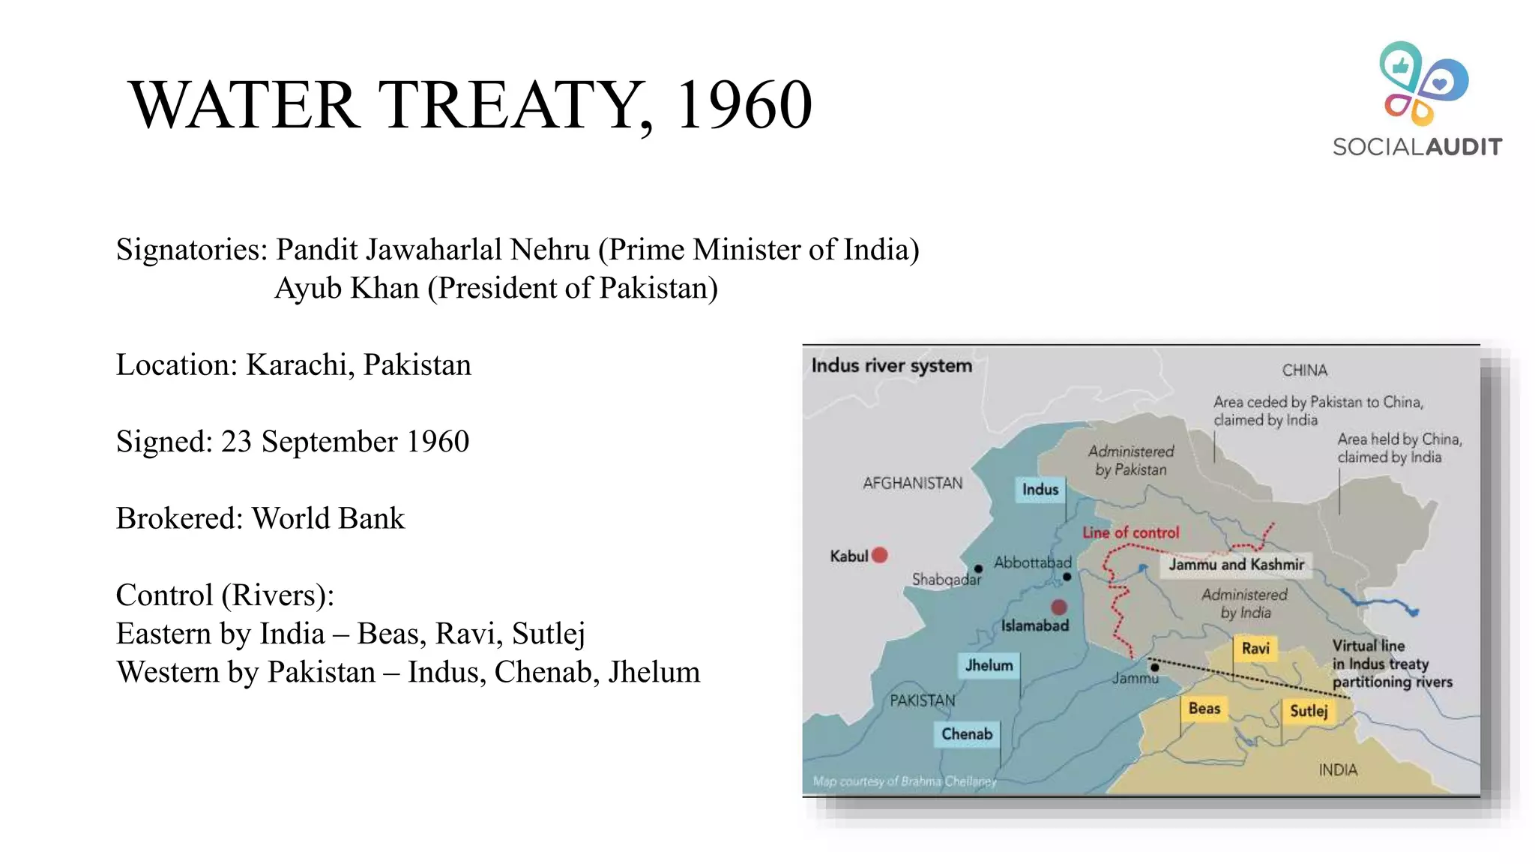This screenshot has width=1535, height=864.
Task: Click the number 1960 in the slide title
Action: pos(744,105)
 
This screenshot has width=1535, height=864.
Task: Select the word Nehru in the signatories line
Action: pos(549,250)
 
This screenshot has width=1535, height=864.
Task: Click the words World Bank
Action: pos(328,518)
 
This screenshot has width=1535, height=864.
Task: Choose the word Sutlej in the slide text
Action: pos(548,634)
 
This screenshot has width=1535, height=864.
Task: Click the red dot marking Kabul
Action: pos(880,555)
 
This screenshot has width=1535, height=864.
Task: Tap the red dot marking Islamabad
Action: pos(1059,607)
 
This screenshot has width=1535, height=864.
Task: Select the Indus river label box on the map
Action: pos(1040,490)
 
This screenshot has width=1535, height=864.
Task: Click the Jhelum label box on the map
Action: pos(989,665)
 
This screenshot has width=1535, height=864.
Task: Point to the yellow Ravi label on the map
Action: pos(1255,648)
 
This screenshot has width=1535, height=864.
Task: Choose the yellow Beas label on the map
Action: pos(1204,709)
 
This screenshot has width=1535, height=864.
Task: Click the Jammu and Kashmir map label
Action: pos(1236,565)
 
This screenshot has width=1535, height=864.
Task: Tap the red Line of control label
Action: pos(1130,532)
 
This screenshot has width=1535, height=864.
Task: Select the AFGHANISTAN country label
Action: pos(912,483)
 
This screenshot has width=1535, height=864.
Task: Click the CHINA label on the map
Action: pos(1304,370)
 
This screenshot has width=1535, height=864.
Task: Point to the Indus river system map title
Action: pos(891,366)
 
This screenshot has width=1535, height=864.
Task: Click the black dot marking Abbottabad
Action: pos(1067,577)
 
